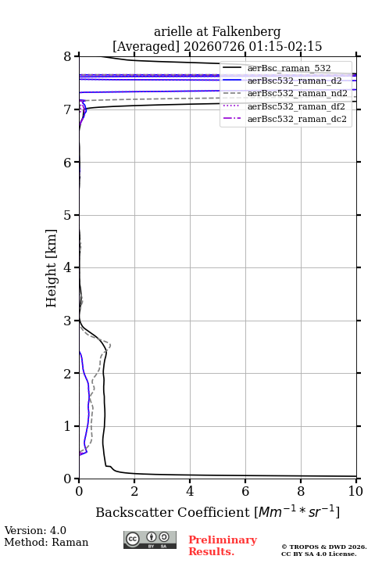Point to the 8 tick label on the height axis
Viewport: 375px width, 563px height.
[68, 57]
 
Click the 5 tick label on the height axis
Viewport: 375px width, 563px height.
[68, 215]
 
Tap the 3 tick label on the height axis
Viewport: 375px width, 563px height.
[68, 321]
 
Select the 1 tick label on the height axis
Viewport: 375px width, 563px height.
[68, 426]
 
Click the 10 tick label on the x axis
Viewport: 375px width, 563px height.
[356, 491]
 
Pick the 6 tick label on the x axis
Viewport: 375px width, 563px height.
[245, 491]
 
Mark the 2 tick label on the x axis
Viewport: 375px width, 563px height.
[134, 491]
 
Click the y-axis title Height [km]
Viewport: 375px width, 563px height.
[52, 268]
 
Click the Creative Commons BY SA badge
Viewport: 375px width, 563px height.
[150, 540]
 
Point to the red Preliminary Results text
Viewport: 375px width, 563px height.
[223, 546]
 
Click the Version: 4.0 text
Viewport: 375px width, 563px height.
[35, 531]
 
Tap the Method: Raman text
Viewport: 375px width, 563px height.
[46, 542]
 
